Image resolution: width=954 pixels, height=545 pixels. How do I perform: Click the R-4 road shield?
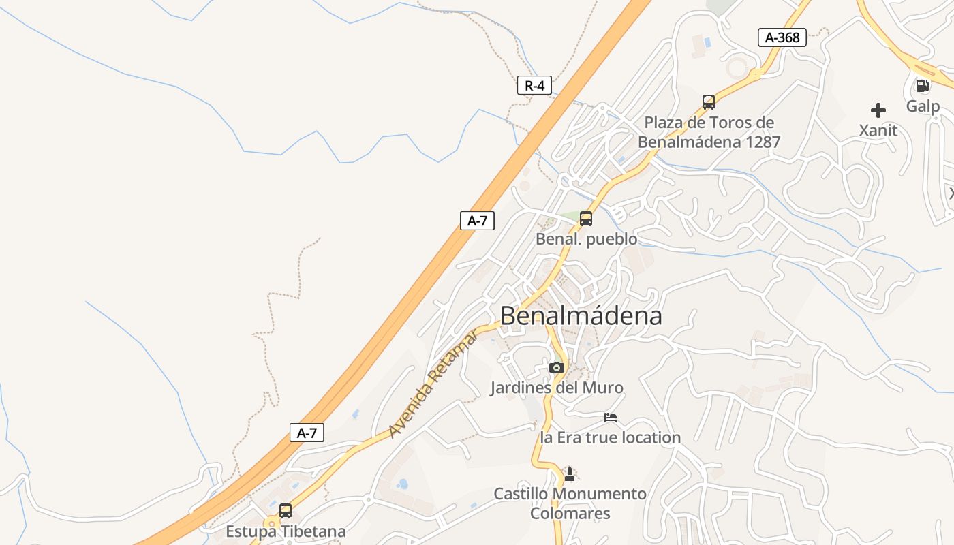(534, 86)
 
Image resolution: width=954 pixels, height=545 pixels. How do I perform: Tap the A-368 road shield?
(782, 37)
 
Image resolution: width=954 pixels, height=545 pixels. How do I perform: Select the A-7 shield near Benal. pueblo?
(477, 221)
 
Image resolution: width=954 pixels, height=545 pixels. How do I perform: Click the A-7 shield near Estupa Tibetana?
(307, 433)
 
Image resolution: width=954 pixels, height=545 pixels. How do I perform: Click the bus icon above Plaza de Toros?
(709, 102)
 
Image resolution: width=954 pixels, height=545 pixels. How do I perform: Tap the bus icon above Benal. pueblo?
(586, 219)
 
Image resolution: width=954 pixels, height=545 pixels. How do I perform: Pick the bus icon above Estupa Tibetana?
(286, 511)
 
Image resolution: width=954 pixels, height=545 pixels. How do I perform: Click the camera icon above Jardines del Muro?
(557, 367)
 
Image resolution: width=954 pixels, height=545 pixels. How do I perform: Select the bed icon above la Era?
(611, 417)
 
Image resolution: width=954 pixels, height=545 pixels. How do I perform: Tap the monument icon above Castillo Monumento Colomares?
(570, 473)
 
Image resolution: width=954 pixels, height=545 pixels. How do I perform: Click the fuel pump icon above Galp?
(922, 86)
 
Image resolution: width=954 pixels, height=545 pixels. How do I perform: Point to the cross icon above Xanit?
(878, 110)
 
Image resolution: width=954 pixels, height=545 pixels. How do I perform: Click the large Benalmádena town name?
(581, 316)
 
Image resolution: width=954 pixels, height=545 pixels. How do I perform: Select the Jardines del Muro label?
(557, 388)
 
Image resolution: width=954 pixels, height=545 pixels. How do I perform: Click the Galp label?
(923, 106)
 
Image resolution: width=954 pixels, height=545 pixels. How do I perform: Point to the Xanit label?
(878, 130)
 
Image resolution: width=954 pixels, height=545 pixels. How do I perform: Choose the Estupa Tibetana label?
(286, 531)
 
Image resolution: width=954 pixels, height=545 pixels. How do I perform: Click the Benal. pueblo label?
(587, 239)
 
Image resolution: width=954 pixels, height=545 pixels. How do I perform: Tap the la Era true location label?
(611, 437)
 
